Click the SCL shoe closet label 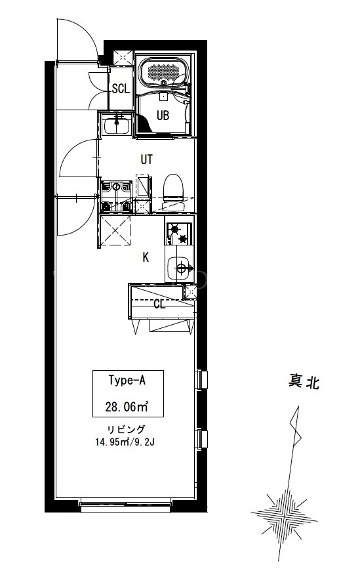click(x=121, y=89)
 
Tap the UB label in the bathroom click(x=163, y=115)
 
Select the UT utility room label click(x=146, y=159)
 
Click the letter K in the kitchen click(x=146, y=257)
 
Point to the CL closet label click(x=159, y=304)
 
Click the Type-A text click(x=127, y=381)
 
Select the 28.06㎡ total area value click(x=127, y=406)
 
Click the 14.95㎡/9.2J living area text click(x=125, y=442)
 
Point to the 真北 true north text click(x=304, y=382)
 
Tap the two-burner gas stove click(x=179, y=234)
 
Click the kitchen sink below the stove click(x=180, y=268)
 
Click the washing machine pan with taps click(x=117, y=197)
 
